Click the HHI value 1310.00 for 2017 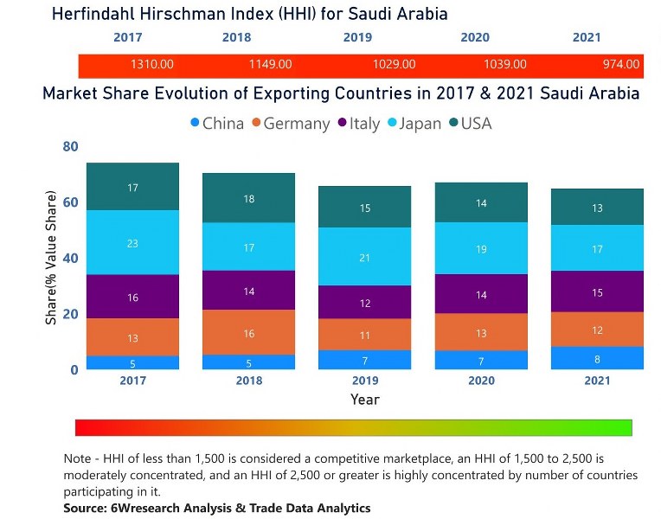[x=152, y=65]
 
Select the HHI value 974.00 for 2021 [x=621, y=65]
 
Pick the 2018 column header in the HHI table [x=236, y=38]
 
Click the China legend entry [x=216, y=124]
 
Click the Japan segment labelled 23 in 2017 [x=132, y=243]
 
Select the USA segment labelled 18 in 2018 [x=248, y=198]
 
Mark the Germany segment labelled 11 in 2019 [x=364, y=335]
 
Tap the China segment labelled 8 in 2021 [x=597, y=358]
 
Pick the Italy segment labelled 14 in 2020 [x=481, y=294]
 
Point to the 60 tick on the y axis [x=69, y=202]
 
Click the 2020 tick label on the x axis [x=481, y=381]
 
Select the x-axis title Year [x=364, y=400]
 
